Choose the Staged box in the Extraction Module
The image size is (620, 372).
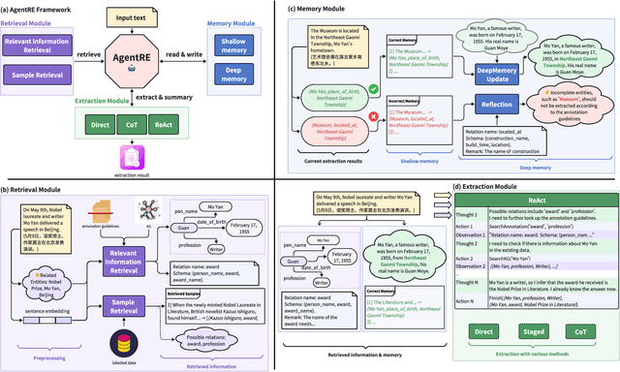pyautogui.click(x=538, y=331)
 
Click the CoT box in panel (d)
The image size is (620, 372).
pyautogui.click(x=585, y=331)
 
